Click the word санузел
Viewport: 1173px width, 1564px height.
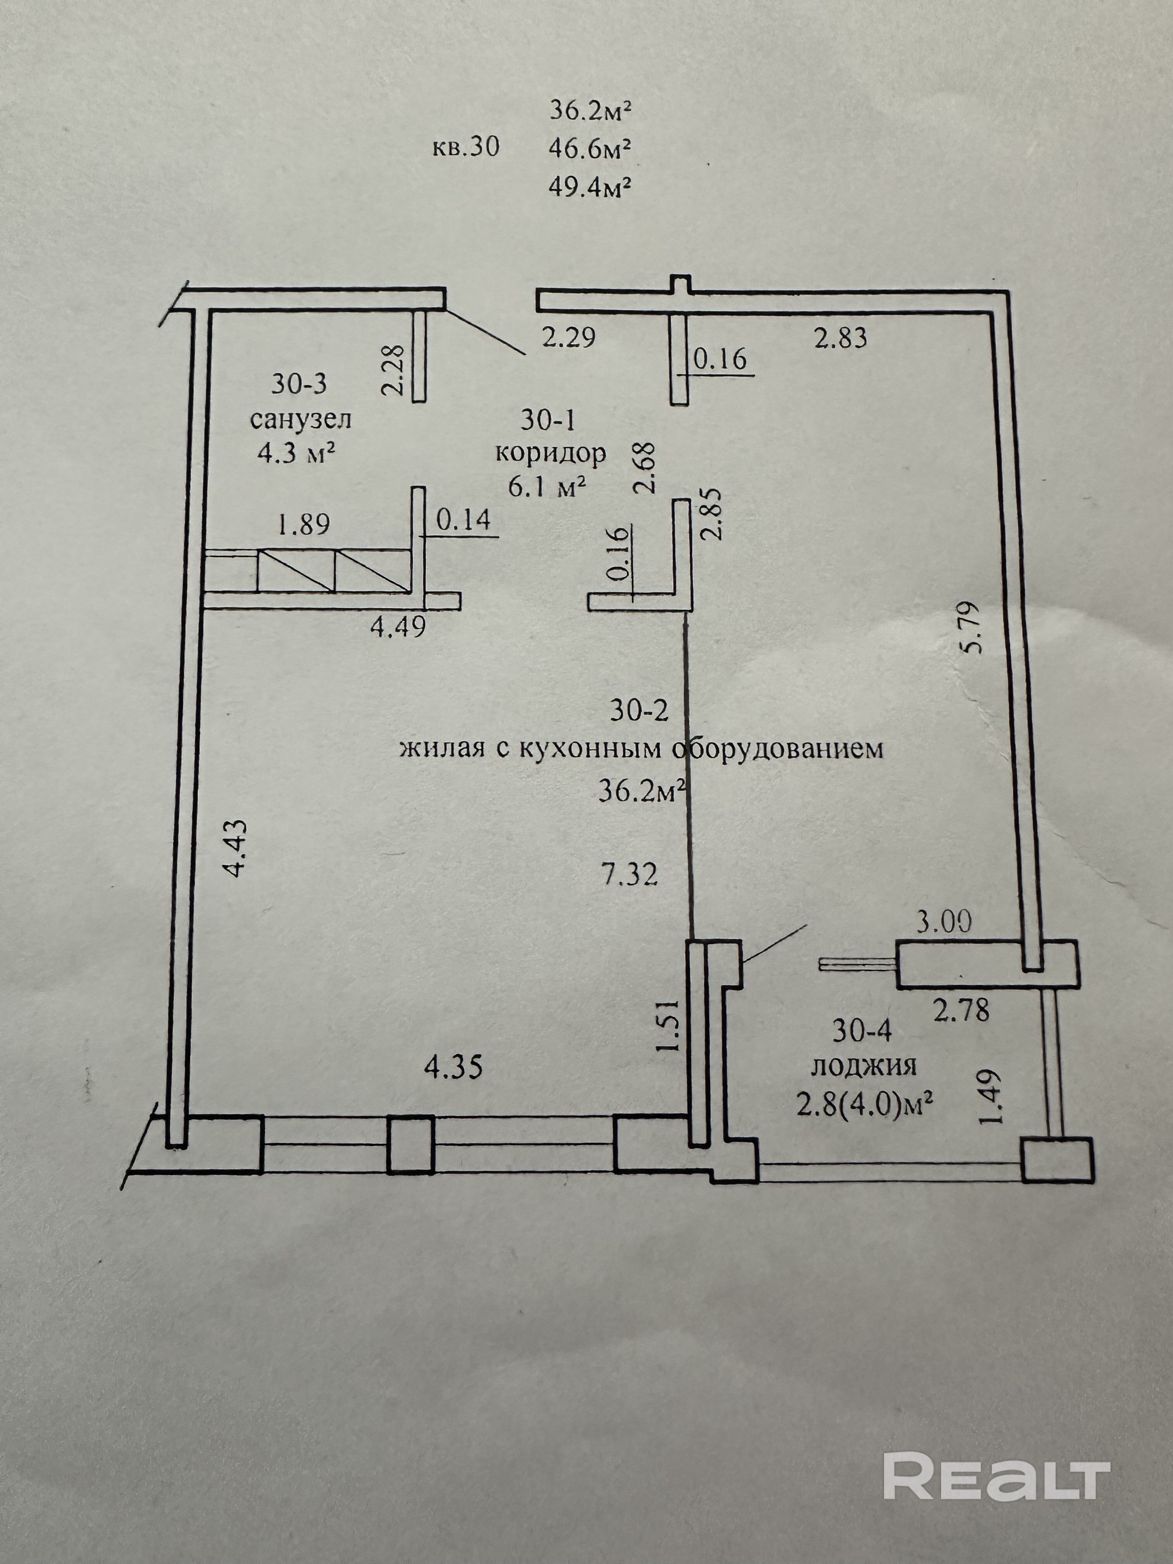pyautogui.click(x=301, y=420)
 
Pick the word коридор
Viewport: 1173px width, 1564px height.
pyautogui.click(x=550, y=453)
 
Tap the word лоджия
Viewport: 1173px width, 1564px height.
pyautogui.click(x=863, y=1066)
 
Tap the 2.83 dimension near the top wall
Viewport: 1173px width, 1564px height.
pyautogui.click(x=840, y=338)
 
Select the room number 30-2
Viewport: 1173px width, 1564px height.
pyautogui.click(x=638, y=710)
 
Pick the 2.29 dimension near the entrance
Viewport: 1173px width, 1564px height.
pyautogui.click(x=569, y=337)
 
